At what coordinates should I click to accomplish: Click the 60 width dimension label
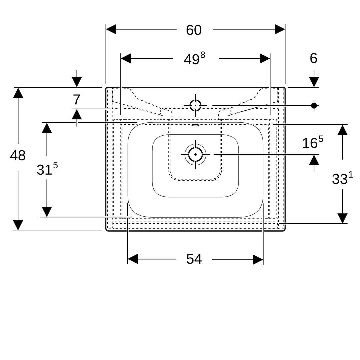194,30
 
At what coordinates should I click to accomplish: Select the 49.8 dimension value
194,59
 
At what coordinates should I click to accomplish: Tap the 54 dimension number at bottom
194,259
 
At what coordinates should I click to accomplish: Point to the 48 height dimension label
18,155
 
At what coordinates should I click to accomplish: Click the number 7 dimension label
76,100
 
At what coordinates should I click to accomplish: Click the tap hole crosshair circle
195,106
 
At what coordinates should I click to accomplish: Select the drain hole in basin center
195,154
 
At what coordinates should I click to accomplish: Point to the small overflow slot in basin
195,125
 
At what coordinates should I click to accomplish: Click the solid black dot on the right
314,106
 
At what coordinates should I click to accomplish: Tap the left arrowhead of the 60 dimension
111,29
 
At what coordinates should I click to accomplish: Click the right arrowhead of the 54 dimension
258,260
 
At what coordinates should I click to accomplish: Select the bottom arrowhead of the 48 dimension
18,225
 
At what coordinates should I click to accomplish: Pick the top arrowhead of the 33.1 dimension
342,130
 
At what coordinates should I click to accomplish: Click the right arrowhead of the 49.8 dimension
265,59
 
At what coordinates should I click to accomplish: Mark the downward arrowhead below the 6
314,82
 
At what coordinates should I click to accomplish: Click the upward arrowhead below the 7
77,114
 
